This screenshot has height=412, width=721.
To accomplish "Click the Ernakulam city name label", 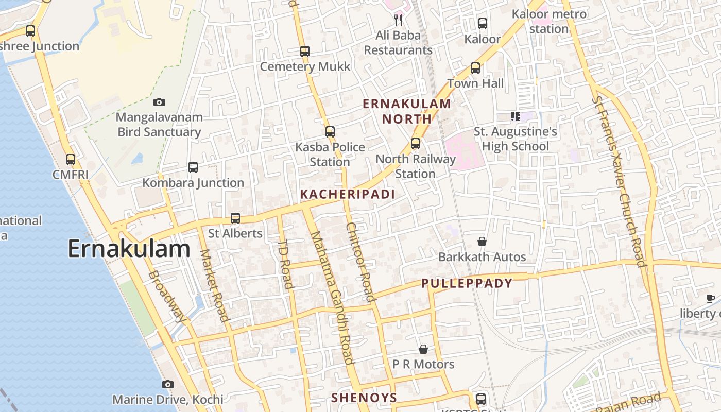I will [129, 249].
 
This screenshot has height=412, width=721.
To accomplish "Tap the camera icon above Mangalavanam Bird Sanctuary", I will [159, 102].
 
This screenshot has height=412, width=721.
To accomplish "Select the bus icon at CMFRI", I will [71, 160].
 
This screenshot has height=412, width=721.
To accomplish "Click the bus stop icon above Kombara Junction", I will [193, 167].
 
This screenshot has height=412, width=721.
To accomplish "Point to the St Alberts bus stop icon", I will [235, 218].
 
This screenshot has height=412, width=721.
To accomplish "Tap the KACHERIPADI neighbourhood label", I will [347, 194].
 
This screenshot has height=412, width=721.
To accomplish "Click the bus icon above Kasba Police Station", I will [330, 132].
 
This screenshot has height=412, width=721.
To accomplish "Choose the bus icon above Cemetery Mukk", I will [305, 51].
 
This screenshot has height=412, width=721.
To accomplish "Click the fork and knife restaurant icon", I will [398, 20].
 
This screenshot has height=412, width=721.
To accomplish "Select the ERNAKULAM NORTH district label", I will [407, 111].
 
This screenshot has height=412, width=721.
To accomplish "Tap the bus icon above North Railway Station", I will [416, 144].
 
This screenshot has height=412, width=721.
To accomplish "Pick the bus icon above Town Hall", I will [475, 68].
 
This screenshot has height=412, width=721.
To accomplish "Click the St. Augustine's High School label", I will [516, 139].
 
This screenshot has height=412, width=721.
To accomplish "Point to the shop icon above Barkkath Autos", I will [482, 242].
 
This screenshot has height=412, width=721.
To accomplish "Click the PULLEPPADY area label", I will [467, 283].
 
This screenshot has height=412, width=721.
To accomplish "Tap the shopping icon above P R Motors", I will [423, 349].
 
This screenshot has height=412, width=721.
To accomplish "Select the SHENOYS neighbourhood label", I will [364, 398].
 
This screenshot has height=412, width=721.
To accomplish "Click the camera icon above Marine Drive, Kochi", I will [167, 384].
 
